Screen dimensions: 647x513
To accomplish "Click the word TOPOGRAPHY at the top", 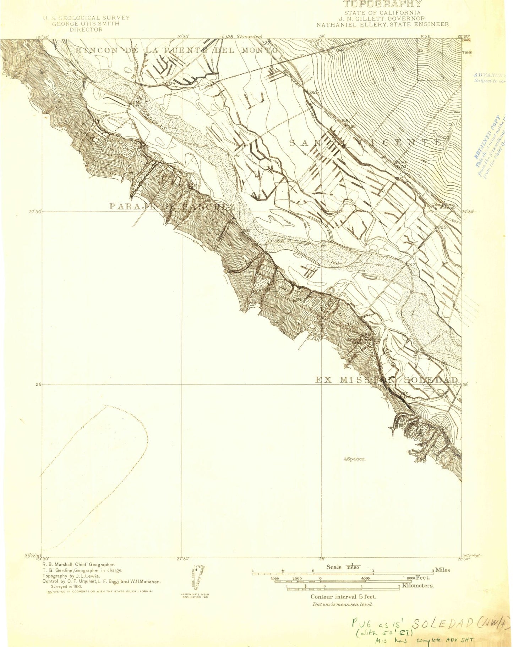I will click(x=382, y=4).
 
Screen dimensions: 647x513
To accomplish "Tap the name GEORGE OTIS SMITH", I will click(x=86, y=24).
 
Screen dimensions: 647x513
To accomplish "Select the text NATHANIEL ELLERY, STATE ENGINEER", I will click(x=382, y=24).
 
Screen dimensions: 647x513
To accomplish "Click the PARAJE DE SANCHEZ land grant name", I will click(x=172, y=206).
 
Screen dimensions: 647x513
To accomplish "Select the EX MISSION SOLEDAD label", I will click(x=387, y=380).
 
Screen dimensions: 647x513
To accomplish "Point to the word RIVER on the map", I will click(x=276, y=241).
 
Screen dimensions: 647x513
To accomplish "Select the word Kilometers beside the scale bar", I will click(x=418, y=585).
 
